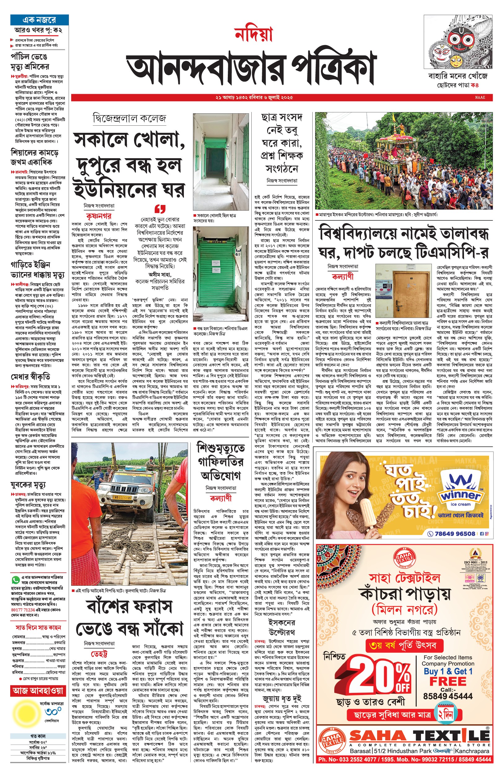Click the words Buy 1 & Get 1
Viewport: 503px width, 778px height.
coord(448,672)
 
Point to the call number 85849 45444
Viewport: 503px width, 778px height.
coord(448,696)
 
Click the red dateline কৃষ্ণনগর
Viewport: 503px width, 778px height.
coord(99,216)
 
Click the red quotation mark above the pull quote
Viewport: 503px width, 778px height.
coord(160,208)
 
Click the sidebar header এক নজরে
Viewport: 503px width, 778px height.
coord(39,20)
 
